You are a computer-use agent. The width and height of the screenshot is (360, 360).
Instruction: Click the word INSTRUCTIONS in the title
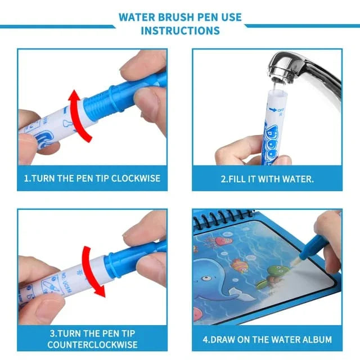click(180, 30)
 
